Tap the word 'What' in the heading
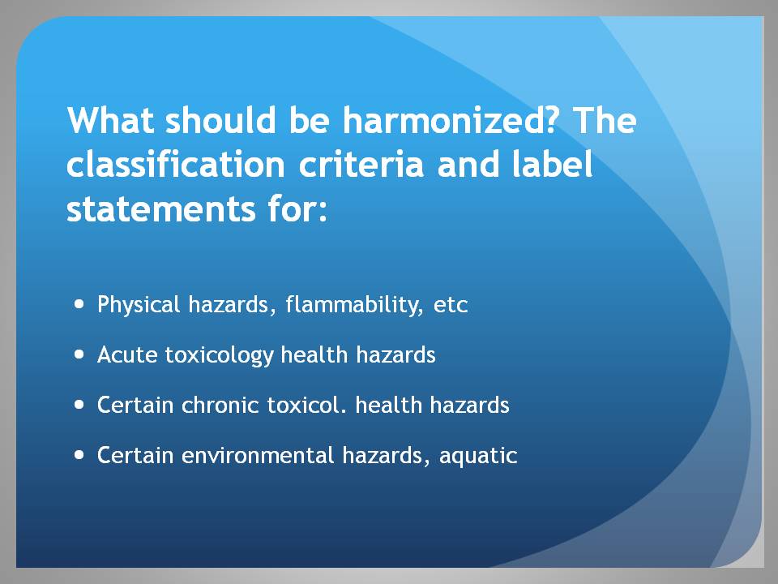click(x=110, y=120)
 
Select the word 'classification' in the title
click(x=176, y=165)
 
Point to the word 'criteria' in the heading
click(x=361, y=165)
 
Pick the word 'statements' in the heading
click(x=160, y=209)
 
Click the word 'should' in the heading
click(x=220, y=120)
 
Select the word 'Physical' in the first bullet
click(x=139, y=304)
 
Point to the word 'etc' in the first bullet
click(x=451, y=306)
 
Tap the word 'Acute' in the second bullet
click(x=127, y=355)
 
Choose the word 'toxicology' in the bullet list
click(x=220, y=356)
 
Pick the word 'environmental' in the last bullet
click(x=258, y=455)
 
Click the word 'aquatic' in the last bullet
click(x=478, y=457)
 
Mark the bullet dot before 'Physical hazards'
click(x=79, y=304)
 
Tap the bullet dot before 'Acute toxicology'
click(x=79, y=354)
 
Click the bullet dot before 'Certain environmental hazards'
click(x=79, y=455)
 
